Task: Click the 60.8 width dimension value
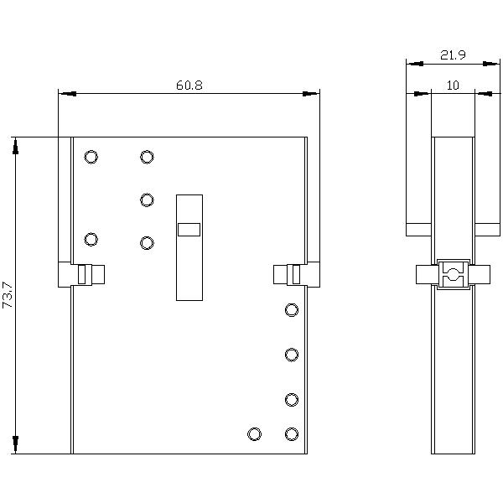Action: coord(189,85)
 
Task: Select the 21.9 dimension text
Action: coord(453,55)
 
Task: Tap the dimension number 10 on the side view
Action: coord(453,86)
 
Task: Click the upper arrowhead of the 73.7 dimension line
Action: coord(15,146)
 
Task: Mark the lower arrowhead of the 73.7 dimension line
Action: coord(15,445)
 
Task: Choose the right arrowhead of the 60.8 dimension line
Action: coord(311,93)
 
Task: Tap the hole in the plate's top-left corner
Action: coord(91,157)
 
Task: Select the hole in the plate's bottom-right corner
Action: coord(292,433)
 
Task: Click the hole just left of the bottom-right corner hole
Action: coord(254,433)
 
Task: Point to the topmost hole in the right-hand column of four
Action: coord(292,310)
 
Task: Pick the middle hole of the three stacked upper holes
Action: coord(147,200)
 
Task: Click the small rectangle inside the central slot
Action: coord(189,229)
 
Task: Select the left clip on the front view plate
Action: coord(82,274)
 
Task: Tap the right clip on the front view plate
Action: coord(295,274)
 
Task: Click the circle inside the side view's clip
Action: coord(453,273)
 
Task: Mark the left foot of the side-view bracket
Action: coord(418,229)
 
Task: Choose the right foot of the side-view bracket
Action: coord(487,229)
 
